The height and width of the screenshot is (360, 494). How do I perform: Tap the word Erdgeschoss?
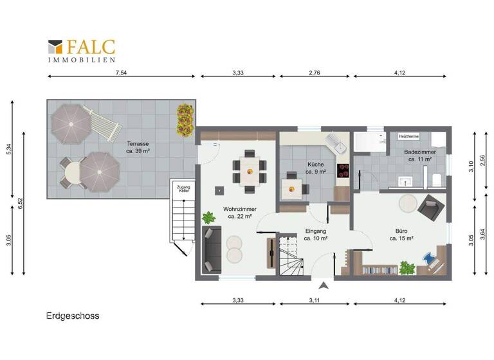tap(72, 316)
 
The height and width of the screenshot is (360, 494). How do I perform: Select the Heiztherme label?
tap(409, 137)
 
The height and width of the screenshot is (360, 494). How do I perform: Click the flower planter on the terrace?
tap(185, 120)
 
